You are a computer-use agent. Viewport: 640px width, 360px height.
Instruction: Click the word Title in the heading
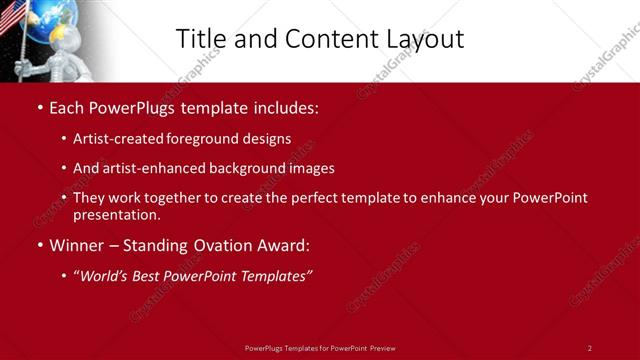(x=200, y=39)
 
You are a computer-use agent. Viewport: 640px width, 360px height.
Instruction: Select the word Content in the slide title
(x=321, y=39)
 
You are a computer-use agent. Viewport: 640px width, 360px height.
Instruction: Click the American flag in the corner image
(x=12, y=18)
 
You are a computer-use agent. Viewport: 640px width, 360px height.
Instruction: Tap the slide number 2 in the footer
(x=589, y=348)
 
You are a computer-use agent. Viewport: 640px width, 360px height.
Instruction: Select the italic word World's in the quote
(x=104, y=275)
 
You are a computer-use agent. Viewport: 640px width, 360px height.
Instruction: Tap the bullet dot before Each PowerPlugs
(x=39, y=106)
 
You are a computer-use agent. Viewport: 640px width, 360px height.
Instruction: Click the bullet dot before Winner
(x=39, y=245)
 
